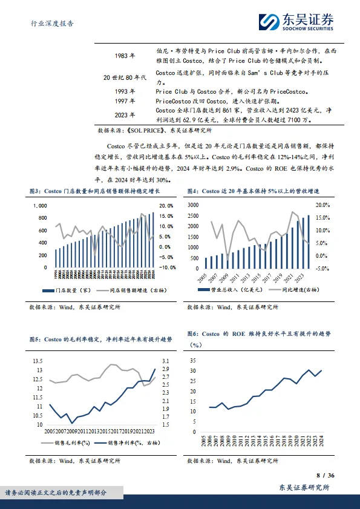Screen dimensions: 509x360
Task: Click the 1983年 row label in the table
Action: [x=125, y=56]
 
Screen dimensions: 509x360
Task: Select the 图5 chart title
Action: [x=100, y=340]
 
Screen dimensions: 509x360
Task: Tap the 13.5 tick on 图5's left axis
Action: [x=38, y=361]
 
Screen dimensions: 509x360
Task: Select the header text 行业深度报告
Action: [x=53, y=24]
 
